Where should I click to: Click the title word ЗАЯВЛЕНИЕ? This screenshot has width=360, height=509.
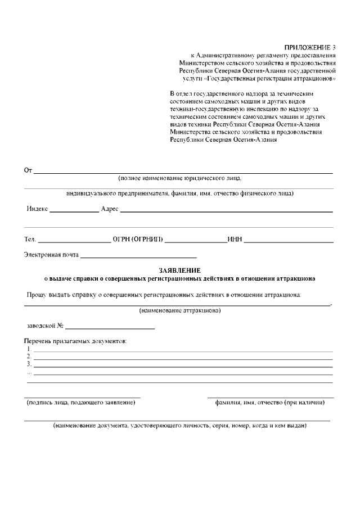click(179, 270)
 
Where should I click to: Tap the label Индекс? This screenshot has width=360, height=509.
click(37, 209)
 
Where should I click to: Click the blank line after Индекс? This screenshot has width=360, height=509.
click(74, 210)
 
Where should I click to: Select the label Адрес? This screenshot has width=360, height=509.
click(109, 209)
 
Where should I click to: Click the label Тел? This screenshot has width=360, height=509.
click(30, 240)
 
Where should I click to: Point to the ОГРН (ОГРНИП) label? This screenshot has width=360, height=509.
click(138, 240)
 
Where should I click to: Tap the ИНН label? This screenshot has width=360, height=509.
click(235, 240)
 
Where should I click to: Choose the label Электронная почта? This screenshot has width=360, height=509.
click(51, 255)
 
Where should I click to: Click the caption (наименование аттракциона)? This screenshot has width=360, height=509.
click(179, 310)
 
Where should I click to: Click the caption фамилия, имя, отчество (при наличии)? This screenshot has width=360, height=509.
click(270, 403)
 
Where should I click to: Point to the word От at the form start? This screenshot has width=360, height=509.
click(28, 170)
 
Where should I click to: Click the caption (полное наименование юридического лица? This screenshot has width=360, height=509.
click(179, 178)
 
